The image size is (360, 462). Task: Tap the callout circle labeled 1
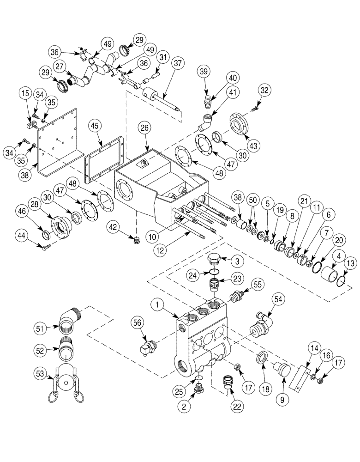(x=157, y=305)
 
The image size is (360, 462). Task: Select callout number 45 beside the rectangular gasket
(x=95, y=125)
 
